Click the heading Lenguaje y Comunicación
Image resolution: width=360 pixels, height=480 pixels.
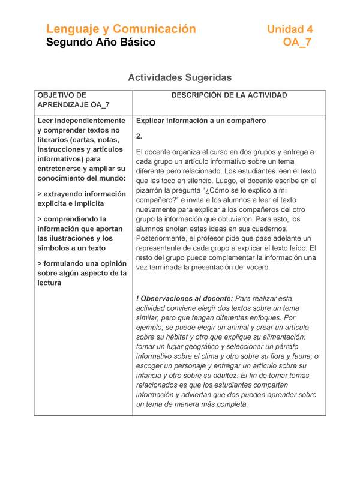[121, 29]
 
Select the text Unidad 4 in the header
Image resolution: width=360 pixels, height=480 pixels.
[290, 29]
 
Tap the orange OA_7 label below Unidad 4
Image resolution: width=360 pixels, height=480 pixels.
[297, 43]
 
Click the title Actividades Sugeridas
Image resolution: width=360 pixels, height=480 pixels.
[180, 78]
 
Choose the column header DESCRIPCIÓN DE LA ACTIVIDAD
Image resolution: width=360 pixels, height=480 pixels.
[229, 95]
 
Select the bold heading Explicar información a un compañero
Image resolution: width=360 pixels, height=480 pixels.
[201, 121]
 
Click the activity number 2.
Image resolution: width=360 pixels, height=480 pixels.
[139, 136]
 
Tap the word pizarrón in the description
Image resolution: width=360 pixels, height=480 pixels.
[154, 190]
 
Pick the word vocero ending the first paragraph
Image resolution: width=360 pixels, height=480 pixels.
[257, 267]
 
